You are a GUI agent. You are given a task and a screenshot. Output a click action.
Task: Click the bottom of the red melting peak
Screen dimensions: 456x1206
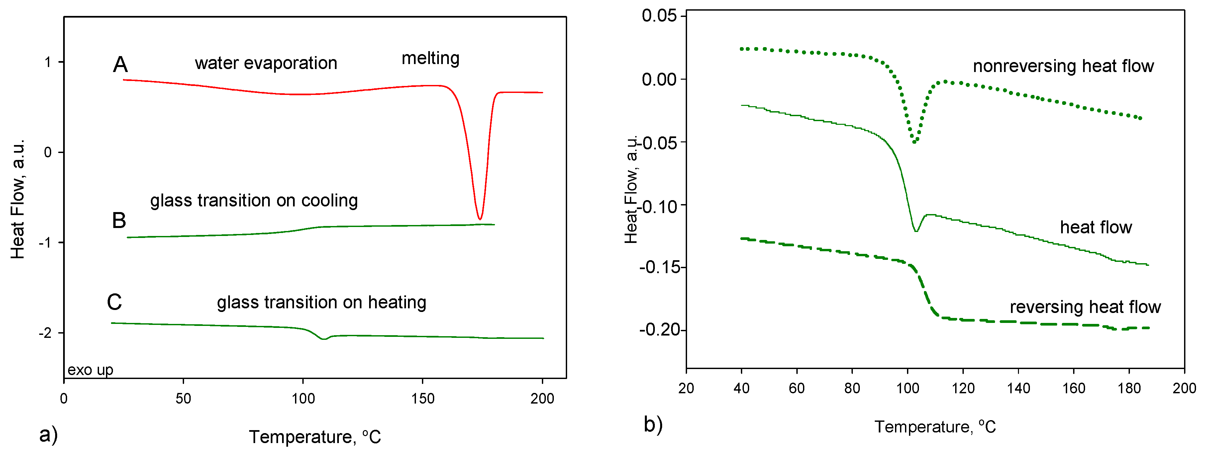point(479,218)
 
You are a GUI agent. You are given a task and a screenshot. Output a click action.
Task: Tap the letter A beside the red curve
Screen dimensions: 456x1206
point(120,64)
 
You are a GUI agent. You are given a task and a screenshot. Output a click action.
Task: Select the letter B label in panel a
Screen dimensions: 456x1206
point(119,220)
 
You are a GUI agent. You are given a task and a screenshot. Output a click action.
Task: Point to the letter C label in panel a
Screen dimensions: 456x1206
point(114,302)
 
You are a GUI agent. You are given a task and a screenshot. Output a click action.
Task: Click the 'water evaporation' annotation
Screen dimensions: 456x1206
point(265,63)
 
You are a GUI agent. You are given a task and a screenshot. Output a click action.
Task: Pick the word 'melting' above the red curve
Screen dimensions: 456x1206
point(430,58)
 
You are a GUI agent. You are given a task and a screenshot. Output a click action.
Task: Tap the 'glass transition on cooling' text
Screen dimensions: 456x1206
point(254,201)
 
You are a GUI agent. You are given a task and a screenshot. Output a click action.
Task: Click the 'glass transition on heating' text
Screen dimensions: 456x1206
point(321,303)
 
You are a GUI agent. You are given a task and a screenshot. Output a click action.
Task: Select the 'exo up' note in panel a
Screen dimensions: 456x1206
point(90,370)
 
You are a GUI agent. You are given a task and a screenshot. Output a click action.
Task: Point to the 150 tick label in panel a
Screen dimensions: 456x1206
point(422,399)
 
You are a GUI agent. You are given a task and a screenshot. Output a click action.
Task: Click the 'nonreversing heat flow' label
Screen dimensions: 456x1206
point(1063,66)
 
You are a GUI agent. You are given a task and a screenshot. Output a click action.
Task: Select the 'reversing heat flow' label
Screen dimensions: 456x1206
point(1085,307)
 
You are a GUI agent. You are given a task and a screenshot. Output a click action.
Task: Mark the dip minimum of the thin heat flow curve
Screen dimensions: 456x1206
point(916,231)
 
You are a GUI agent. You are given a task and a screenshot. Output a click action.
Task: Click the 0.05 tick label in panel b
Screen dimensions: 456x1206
point(659,16)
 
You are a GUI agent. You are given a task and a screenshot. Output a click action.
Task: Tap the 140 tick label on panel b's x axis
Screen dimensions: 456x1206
point(1018,388)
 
